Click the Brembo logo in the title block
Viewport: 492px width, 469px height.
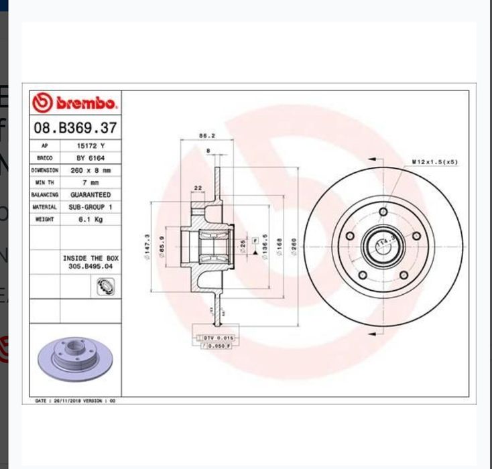[x=75, y=103]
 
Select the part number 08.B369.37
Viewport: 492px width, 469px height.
[x=75, y=127]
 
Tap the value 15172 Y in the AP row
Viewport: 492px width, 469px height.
[x=90, y=145]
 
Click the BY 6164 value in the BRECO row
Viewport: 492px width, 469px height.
[x=90, y=158]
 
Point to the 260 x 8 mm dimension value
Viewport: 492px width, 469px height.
[x=90, y=170]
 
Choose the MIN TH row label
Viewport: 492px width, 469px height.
[x=45, y=182]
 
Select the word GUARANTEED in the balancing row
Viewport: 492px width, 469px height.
[x=90, y=195]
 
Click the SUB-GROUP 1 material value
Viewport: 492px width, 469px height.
[x=90, y=207]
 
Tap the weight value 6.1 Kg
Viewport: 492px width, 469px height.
[x=90, y=219]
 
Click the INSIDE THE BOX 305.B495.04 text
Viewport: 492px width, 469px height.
[x=90, y=262]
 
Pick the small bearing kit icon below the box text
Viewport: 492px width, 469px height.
[x=105, y=287]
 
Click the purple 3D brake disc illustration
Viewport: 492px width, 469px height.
[x=74, y=359]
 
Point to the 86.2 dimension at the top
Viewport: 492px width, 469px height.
[x=206, y=136]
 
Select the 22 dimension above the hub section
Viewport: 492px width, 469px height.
[x=198, y=188]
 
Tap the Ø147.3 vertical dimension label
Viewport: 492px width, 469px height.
[x=147, y=247]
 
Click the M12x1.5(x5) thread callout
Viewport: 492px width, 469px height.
[x=434, y=162]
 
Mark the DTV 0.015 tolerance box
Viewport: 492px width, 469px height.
[x=218, y=338]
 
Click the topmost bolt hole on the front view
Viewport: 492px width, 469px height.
[x=383, y=212]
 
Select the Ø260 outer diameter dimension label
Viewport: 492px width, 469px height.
[x=294, y=247]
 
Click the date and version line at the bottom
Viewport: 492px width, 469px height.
[x=75, y=401]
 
